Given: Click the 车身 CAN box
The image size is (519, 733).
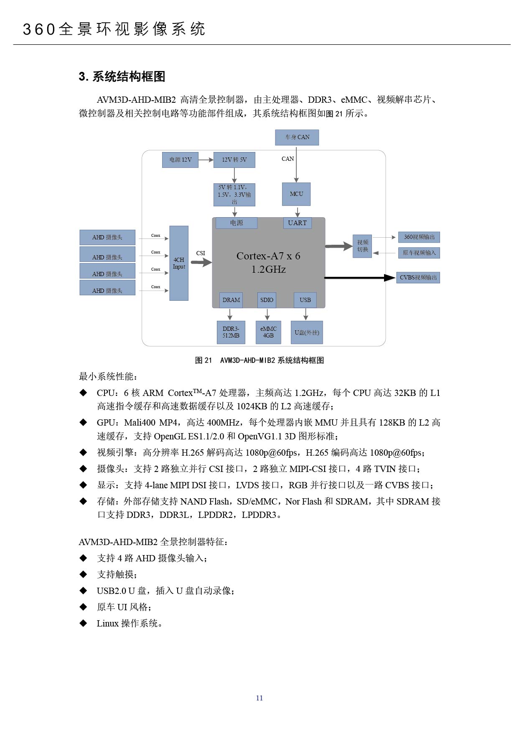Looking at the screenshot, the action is pos(297,137).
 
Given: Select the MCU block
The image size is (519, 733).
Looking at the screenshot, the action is pos(296,194).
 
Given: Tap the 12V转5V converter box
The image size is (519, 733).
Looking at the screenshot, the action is pos(234,160).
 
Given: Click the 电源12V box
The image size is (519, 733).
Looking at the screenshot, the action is pos(180,160).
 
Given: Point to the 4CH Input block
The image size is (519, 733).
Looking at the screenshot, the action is pos(179,263).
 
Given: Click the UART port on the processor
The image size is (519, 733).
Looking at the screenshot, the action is pos(297,223).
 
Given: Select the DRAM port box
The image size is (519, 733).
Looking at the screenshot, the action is pos(231,300).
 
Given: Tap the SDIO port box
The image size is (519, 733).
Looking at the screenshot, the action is pos(267,300).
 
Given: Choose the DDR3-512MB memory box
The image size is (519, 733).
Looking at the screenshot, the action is pos(231,332).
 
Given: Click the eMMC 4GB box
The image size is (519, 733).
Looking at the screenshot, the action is pos(268,332).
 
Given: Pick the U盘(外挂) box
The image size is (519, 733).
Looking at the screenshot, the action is pos(307,332).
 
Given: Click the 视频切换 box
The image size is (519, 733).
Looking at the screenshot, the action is pos(362,246).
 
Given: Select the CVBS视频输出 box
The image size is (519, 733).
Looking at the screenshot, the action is pos(418,277).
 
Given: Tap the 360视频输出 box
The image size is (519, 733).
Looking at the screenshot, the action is pos(419,237).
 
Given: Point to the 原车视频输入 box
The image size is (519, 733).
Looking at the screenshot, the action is pos(419,253).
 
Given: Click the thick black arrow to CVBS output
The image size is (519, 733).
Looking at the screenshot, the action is pos(360,277).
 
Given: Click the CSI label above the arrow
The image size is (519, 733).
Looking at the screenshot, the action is pos(201,253).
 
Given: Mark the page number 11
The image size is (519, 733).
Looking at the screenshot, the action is pos(259,698).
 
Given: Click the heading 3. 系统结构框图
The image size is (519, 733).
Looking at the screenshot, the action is pos(122,76).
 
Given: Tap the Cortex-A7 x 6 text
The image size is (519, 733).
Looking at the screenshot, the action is pos(268,256).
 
